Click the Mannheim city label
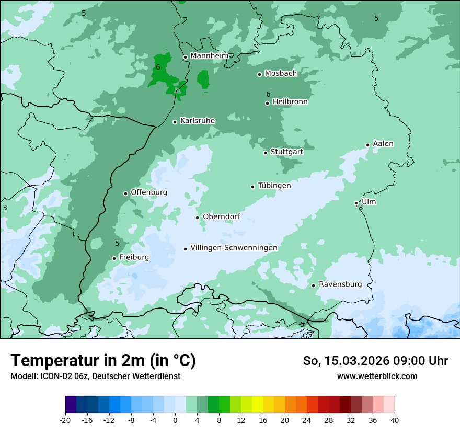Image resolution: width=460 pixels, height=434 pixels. pos(209,56)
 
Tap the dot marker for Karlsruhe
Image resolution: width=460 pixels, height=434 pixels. pos(175,122)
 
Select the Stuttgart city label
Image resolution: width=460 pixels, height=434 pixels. pos(286,152)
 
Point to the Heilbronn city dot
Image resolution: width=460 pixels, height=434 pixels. pos(268,103)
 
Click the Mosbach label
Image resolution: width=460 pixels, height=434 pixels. pos(281,74)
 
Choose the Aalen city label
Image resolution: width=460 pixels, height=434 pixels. pos(383,144)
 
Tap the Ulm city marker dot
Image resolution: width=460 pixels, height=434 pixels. pos(356,203)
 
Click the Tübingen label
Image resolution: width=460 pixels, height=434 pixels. pos(274,186)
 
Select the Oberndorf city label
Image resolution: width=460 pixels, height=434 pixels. pos(221,216)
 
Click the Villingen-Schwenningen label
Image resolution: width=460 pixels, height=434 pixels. pos(234,248)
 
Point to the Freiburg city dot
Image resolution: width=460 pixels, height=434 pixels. pos(114,258)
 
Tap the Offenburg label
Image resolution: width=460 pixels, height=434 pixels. pos(149,192)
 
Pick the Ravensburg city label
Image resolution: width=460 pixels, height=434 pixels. pos(340,284)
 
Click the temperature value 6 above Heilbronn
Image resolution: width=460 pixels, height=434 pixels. pos(268,94)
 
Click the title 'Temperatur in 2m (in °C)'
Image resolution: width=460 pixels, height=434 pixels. pos(103,361)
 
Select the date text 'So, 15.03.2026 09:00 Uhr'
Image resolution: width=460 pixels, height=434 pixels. pos(375,361)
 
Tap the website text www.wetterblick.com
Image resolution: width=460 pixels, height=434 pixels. pos(377,376)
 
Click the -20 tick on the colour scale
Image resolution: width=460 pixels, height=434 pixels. pos(65,420)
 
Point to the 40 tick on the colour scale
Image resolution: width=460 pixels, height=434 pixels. pos(395,420)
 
